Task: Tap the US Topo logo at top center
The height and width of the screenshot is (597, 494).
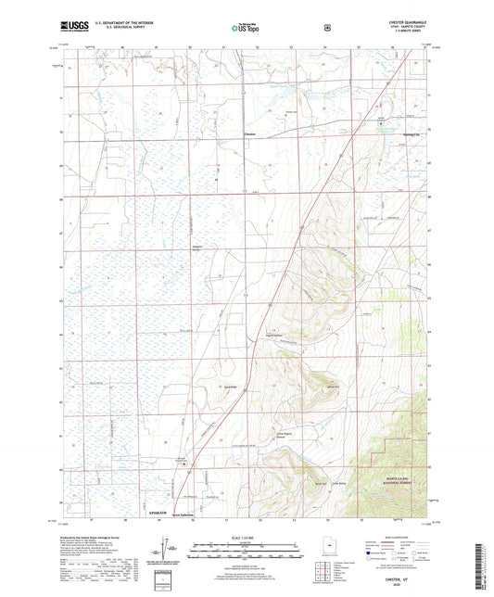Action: click(x=246, y=28)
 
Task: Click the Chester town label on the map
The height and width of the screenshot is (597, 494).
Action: click(x=249, y=135)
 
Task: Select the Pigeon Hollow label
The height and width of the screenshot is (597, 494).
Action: click(x=272, y=337)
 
